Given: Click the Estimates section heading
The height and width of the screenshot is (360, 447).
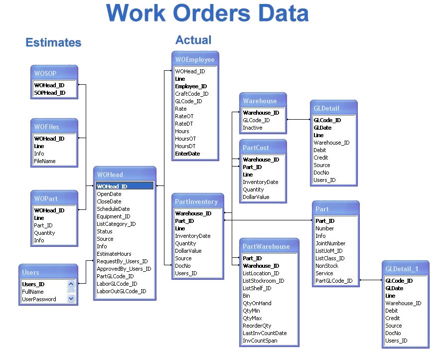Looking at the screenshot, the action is click(x=53, y=42).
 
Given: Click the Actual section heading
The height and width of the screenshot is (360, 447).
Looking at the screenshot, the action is click(x=193, y=40).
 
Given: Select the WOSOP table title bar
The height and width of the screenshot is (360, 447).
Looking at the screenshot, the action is click(x=54, y=73).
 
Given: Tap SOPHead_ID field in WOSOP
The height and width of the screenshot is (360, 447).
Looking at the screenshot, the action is click(x=50, y=93).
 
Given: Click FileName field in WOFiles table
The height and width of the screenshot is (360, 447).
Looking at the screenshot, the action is click(x=45, y=161).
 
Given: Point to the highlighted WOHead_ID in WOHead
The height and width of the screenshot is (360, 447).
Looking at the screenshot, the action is click(x=125, y=186).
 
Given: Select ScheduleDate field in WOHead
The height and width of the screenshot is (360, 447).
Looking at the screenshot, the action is click(x=113, y=209).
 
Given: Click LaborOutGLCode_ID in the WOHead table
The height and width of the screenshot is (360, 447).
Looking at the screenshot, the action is click(x=122, y=291).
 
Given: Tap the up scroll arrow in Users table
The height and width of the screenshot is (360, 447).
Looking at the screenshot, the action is click(x=71, y=284).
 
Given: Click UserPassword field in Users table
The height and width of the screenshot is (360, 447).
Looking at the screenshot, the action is click(x=39, y=299).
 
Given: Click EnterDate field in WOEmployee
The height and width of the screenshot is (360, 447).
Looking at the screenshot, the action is click(x=187, y=154).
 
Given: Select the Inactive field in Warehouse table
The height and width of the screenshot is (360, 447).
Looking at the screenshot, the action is click(x=252, y=128).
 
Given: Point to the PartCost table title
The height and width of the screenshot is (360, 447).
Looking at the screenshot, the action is click(x=256, y=148).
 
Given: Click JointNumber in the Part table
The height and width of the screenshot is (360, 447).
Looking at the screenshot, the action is click(x=330, y=243).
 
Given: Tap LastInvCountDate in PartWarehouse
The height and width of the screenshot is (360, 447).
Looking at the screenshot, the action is click(x=265, y=333).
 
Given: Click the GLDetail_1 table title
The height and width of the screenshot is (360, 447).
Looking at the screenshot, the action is click(x=402, y=269).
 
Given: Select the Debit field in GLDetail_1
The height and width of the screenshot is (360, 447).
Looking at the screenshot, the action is click(x=391, y=311).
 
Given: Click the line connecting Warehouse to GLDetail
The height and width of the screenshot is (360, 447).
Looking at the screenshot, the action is click(x=298, y=120).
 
